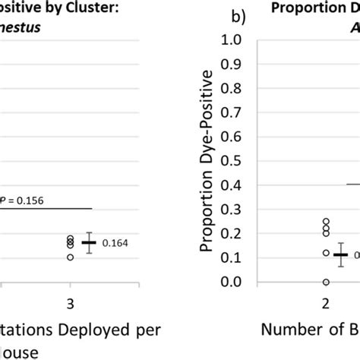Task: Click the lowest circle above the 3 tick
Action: [x=71, y=257]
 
